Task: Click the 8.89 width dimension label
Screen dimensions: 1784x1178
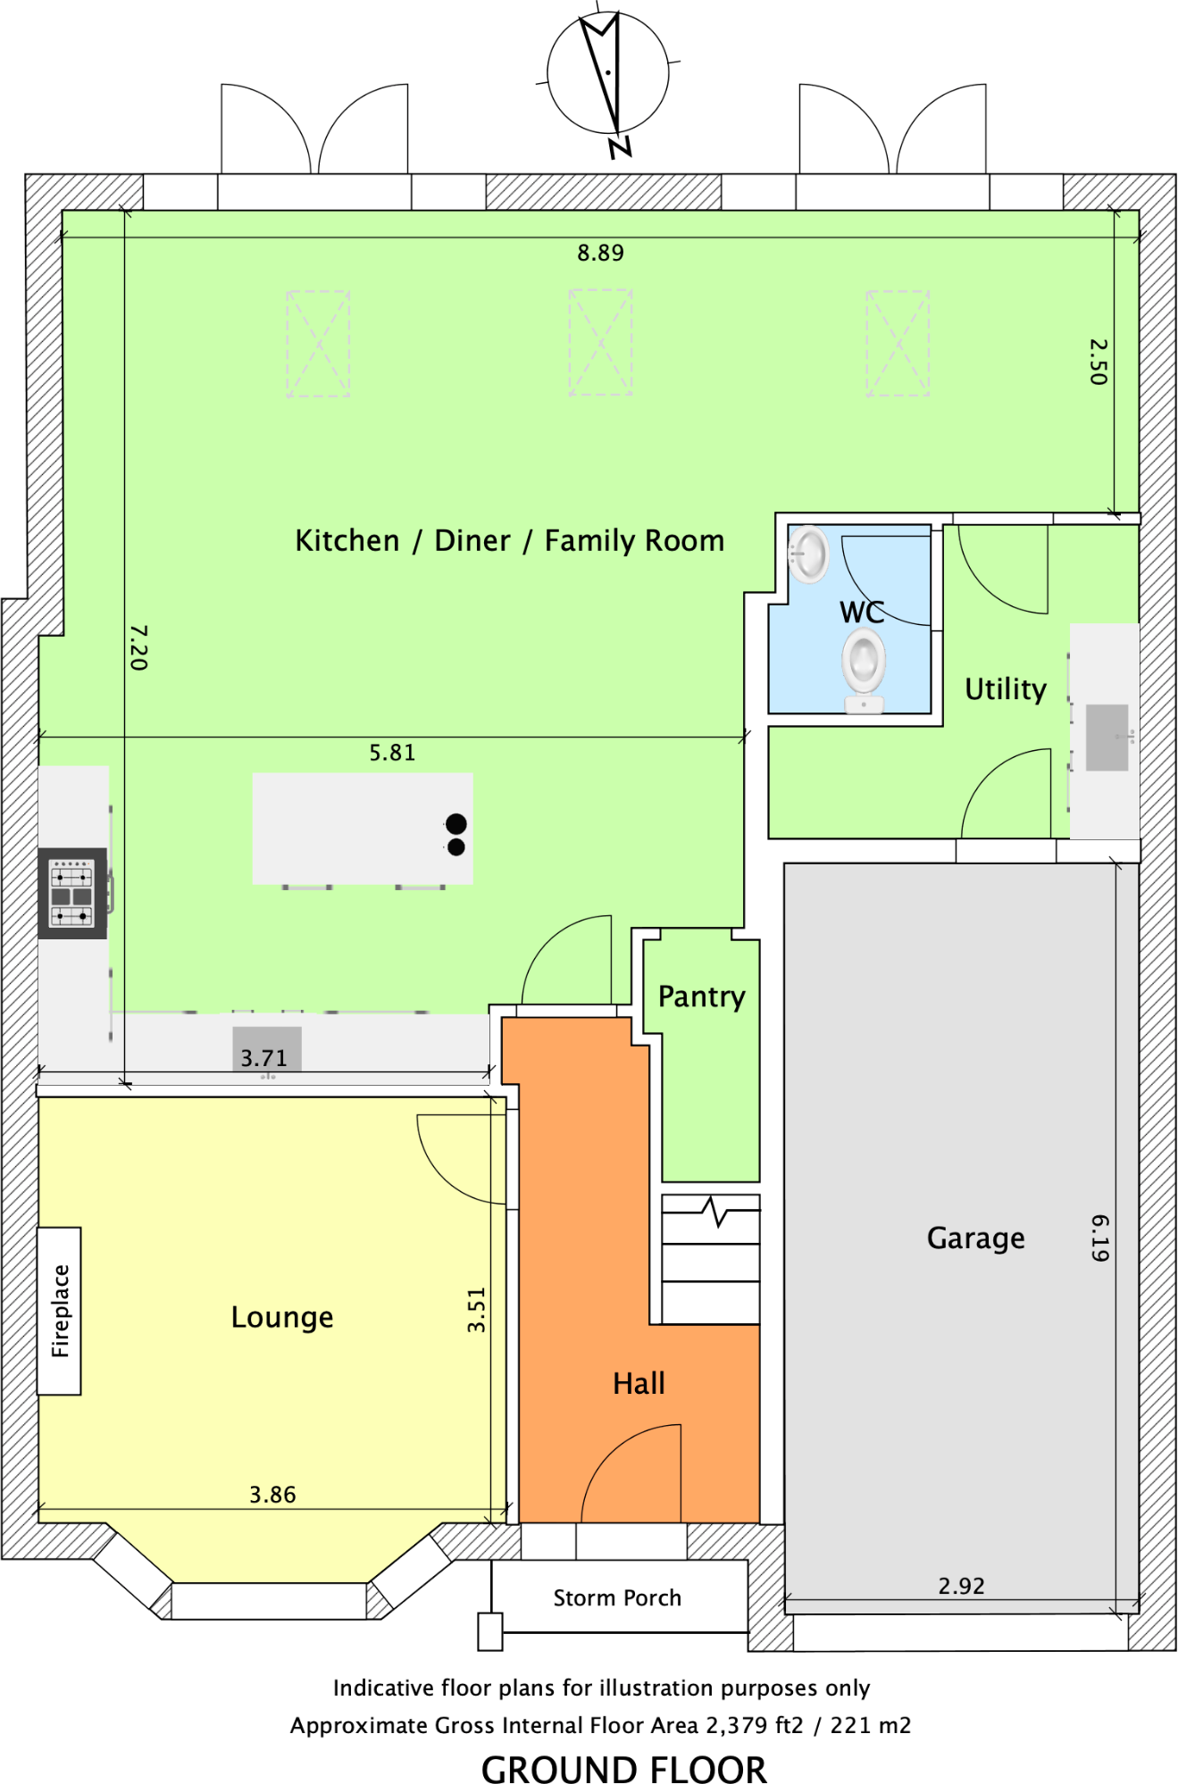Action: (x=600, y=253)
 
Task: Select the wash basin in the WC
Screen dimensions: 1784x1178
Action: (x=809, y=554)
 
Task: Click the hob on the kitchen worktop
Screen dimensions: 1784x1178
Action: (x=71, y=893)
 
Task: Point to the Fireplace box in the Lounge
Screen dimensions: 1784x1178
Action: (x=59, y=1311)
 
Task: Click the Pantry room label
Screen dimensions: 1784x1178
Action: (x=701, y=996)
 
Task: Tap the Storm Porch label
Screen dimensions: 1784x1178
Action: (x=617, y=1598)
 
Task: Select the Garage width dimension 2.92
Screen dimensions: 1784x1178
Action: (x=961, y=1587)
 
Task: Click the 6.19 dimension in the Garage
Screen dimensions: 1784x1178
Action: (x=1100, y=1238)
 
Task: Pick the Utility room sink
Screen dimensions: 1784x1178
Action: (x=1107, y=738)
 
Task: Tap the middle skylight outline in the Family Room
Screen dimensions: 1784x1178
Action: (x=600, y=342)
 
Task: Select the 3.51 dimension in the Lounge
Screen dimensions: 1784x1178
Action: (x=476, y=1310)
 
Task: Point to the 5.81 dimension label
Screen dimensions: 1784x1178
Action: (x=392, y=753)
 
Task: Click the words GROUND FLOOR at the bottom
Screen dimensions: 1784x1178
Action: (x=623, y=1769)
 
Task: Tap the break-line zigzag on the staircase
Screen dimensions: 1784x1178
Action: (x=714, y=1212)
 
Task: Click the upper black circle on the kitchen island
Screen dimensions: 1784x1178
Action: (x=455, y=823)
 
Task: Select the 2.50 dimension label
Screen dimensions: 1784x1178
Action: (x=1099, y=362)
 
